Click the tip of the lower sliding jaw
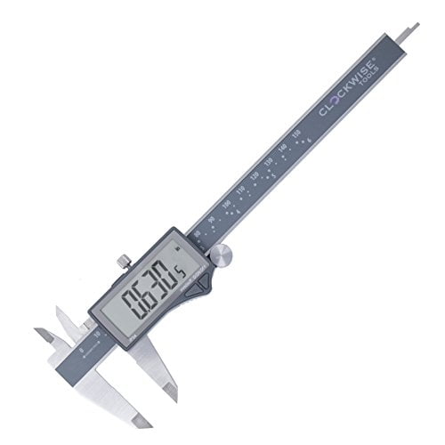(171, 392)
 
